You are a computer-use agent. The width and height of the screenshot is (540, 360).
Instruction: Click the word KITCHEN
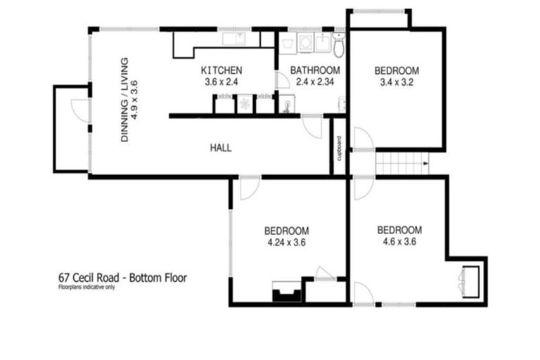[x=221, y=70]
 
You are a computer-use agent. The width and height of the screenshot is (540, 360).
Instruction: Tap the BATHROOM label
[x=316, y=70]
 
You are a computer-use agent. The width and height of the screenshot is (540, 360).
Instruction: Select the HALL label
[x=220, y=148]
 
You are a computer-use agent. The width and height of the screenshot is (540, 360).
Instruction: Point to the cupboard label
[x=339, y=149]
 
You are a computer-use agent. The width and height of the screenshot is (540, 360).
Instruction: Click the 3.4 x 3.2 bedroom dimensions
[x=397, y=82]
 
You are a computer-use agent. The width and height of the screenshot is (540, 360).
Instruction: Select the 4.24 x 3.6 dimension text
[x=286, y=243]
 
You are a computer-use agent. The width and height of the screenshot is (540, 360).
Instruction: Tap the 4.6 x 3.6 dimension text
[x=399, y=242]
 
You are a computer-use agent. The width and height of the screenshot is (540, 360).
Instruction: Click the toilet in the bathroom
[x=339, y=46]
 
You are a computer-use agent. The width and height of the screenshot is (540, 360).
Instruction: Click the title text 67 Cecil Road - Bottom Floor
[x=122, y=277]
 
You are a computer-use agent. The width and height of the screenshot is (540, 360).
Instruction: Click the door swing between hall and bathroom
[x=311, y=127]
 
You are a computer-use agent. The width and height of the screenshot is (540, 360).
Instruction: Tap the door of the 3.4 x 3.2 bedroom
[x=362, y=139]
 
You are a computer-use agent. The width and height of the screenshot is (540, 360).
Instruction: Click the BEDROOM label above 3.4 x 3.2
[x=397, y=70]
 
